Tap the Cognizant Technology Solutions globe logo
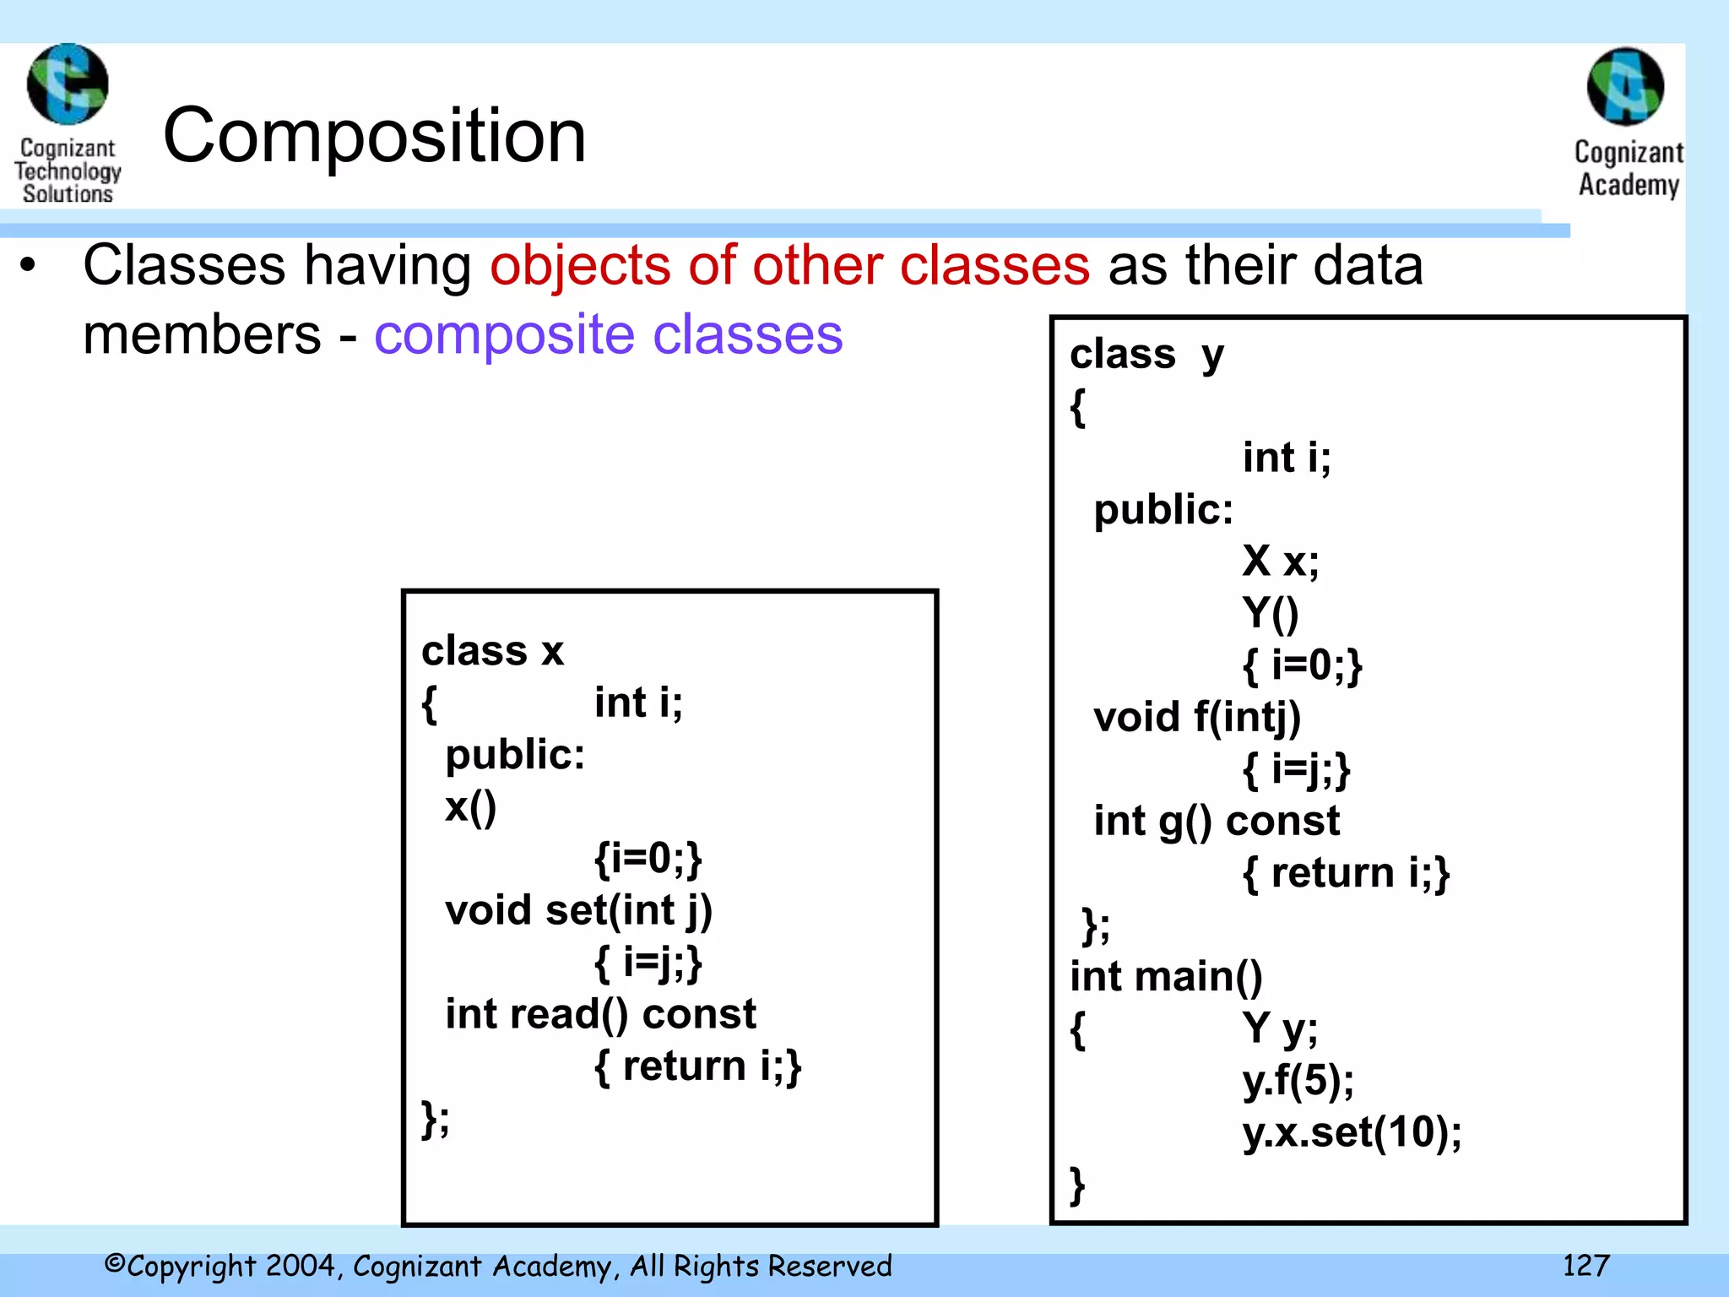[68, 84]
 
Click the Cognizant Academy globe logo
[1626, 87]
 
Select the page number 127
[1585, 1265]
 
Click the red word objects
[581, 265]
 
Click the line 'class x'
[492, 651]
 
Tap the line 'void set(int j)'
[578, 910]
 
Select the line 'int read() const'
[600, 1014]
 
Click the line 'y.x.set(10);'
[1352, 1131]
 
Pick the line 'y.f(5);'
[1298, 1079]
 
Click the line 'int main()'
[1166, 976]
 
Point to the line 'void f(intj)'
[1197, 717]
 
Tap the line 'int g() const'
[1217, 821]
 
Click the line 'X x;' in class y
[1280, 561]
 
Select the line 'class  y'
[1146, 354]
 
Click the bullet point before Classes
[29, 265]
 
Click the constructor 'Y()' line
[1270, 613]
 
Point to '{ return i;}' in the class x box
[697, 1066]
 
